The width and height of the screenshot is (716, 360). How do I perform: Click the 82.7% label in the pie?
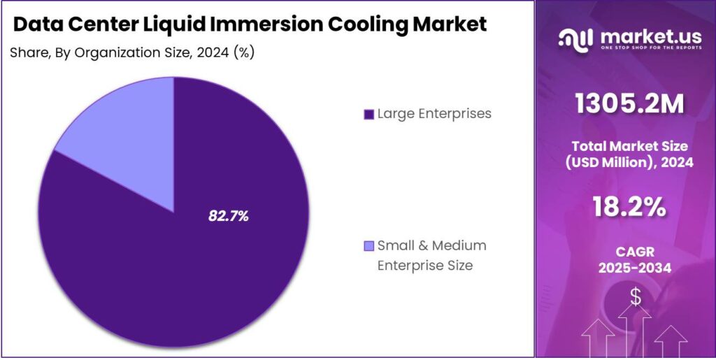point(229,217)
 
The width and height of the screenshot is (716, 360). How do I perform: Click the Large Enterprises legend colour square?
point(368,114)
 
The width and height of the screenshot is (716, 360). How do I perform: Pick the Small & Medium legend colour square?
point(368,246)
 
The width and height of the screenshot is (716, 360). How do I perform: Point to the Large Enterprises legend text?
point(434,113)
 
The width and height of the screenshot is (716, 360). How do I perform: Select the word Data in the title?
point(36,24)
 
